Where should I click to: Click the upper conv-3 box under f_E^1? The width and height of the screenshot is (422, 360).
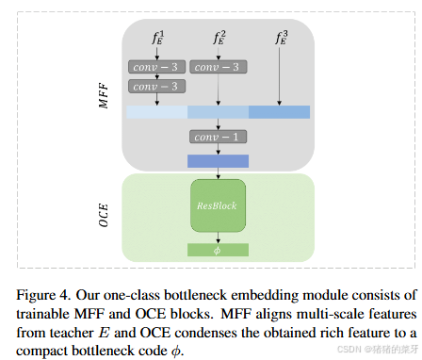pos(156,67)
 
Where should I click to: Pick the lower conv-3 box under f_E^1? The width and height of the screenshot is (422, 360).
pos(156,86)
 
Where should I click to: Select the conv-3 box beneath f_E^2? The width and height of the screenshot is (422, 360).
pos(219,67)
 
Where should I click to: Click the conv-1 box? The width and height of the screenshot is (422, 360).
pos(219,137)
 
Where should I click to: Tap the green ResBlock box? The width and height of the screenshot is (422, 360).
pos(219,205)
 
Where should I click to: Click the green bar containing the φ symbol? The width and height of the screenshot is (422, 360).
pos(219,250)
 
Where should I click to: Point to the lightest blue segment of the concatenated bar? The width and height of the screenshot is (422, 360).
pos(156,112)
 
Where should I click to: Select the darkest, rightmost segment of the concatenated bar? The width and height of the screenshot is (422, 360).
pos(280,112)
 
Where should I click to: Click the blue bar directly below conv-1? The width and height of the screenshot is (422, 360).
pos(219,160)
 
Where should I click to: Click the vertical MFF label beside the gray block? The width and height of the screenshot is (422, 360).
pos(105,94)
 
